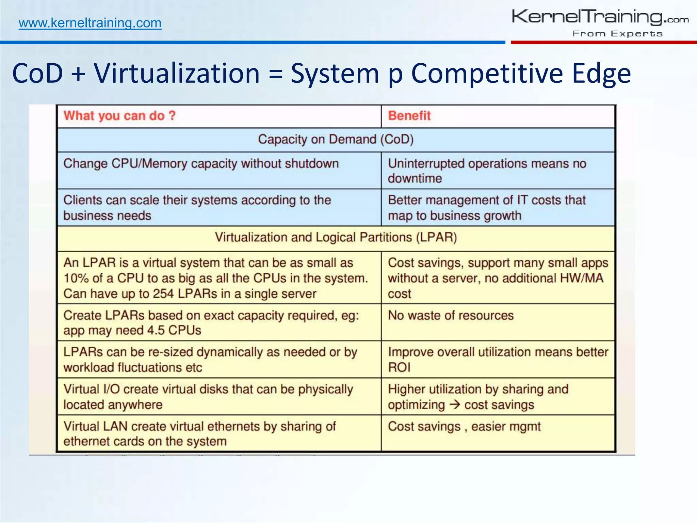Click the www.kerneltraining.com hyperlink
point(90,23)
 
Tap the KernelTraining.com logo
point(600,17)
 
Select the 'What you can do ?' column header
point(119,116)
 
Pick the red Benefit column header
point(409,116)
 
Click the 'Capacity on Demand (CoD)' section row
point(336,140)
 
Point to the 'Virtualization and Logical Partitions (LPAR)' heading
point(336,237)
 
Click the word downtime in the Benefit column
point(415,178)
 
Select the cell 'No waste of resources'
point(451,315)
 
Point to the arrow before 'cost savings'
point(455,405)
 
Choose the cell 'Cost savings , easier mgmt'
point(464,427)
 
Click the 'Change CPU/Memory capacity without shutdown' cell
point(201,164)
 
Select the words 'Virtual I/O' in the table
point(92,389)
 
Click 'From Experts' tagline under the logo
point(617,34)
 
